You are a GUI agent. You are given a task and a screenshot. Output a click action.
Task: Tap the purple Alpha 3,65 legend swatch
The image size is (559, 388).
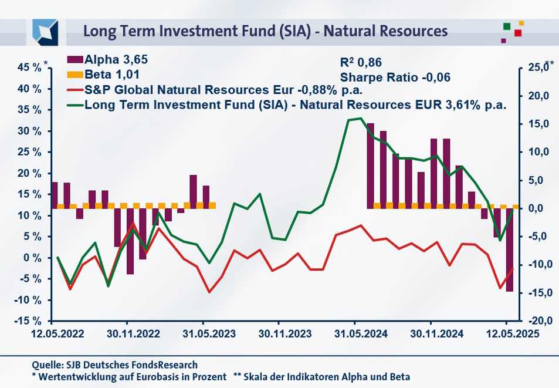(x=75, y=59)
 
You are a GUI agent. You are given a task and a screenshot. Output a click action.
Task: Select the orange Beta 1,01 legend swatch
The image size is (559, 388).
(x=75, y=75)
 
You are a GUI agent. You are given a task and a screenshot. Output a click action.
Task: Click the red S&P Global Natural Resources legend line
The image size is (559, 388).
(x=75, y=90)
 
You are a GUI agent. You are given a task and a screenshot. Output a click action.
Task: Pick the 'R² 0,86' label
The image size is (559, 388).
(x=361, y=61)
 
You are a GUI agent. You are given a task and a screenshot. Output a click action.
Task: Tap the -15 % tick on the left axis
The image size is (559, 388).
(x=28, y=321)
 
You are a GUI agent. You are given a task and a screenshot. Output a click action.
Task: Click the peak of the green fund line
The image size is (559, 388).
(x=361, y=118)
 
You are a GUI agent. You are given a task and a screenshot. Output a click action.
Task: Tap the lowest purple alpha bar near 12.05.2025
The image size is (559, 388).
(x=509, y=249)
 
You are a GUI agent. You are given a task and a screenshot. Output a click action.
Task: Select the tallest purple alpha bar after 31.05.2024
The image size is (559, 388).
(x=370, y=166)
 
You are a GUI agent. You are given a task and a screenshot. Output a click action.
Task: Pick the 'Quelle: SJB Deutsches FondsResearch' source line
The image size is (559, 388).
(x=115, y=365)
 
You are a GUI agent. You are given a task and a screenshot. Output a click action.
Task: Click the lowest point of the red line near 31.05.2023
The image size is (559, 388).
(x=209, y=292)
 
